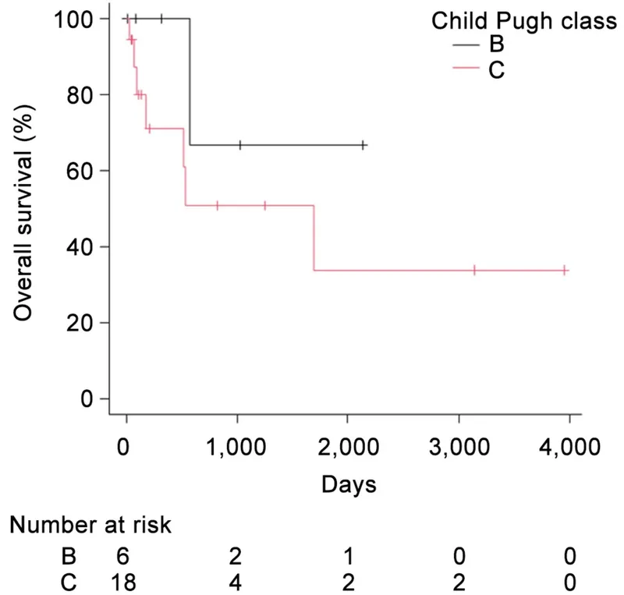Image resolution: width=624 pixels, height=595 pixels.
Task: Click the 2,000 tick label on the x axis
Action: pos(348,450)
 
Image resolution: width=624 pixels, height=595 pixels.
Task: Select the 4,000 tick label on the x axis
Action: pos(569,450)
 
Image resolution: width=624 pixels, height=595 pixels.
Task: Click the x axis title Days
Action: pos(348,485)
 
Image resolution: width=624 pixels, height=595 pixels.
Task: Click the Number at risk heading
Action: pos(90,526)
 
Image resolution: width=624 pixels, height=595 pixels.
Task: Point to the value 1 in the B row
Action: pos(348,555)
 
